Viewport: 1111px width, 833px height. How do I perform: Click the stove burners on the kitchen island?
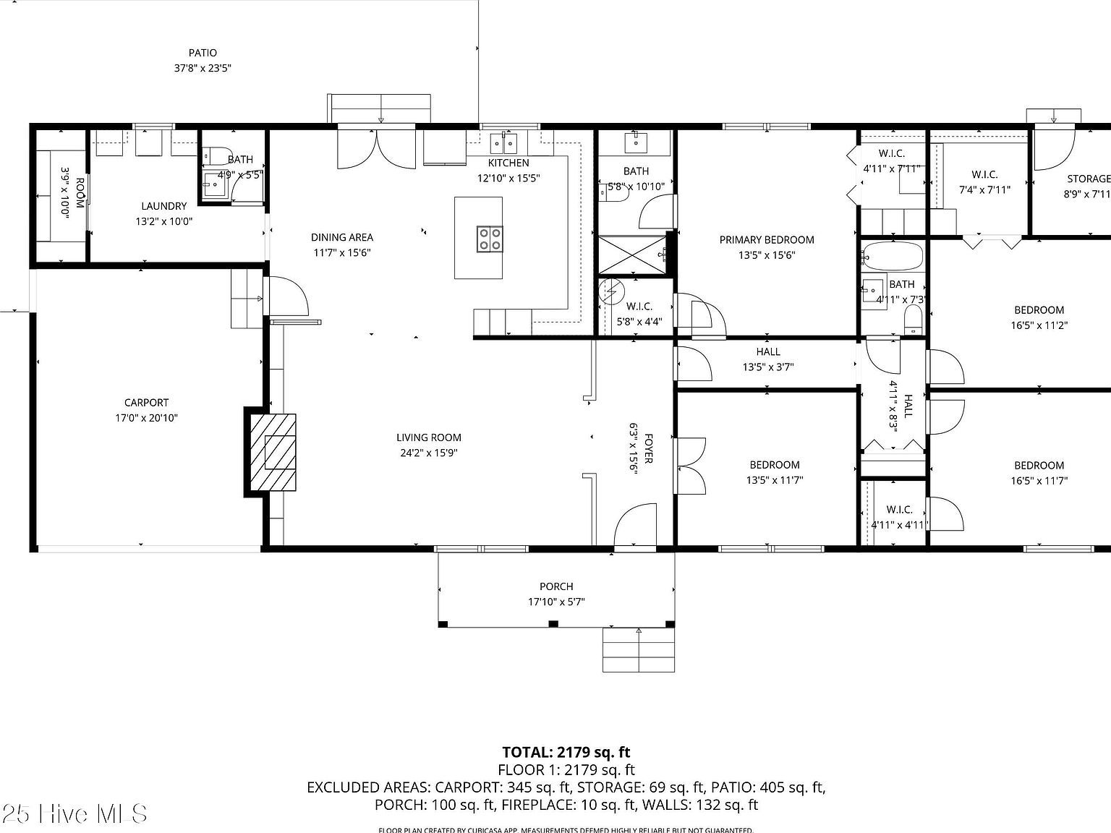point(490,238)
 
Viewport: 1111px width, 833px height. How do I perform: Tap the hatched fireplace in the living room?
point(273,453)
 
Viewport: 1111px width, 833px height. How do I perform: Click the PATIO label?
point(203,53)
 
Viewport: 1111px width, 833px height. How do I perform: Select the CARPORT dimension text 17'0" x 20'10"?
point(146,418)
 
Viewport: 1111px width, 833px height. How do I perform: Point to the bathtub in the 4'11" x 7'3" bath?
point(893,256)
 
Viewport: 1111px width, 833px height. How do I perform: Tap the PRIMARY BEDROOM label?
point(767,239)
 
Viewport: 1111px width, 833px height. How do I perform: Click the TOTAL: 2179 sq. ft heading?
point(566,752)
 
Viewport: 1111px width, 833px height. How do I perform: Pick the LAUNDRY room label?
point(164,206)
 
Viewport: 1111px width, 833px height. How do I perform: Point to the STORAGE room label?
point(1088,179)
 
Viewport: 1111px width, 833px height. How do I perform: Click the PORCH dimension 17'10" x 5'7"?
point(556,602)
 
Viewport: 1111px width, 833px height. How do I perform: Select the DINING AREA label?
point(342,237)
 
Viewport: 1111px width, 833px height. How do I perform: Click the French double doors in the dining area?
point(377,147)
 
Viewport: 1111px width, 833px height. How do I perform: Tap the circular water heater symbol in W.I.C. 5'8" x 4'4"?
point(611,292)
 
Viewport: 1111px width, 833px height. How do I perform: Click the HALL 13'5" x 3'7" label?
point(768,351)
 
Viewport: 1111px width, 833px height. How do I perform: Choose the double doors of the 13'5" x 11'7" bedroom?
point(690,466)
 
